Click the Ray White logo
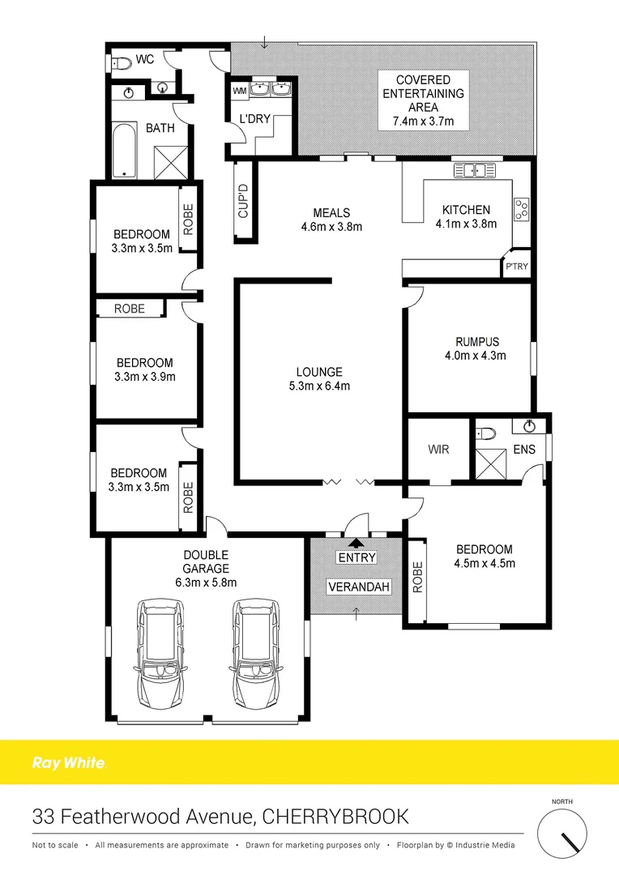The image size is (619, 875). [69, 762]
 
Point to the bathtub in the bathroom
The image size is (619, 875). [125, 151]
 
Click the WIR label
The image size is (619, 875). [438, 450]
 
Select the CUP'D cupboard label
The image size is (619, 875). [243, 202]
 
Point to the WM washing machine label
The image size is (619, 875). [240, 90]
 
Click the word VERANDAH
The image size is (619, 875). [356, 587]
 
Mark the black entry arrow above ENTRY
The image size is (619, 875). [356, 544]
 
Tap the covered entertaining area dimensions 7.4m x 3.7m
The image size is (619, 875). [418, 122]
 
